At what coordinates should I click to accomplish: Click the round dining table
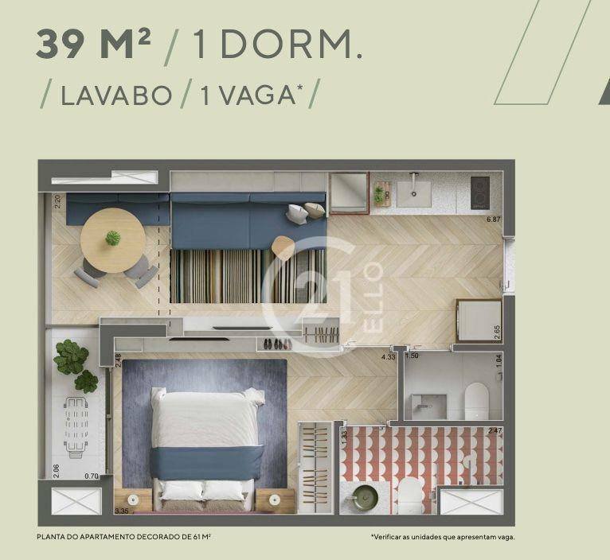click(x=113, y=241)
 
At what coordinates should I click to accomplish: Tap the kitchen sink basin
click(x=414, y=194)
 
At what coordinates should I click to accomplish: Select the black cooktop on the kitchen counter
click(x=480, y=192)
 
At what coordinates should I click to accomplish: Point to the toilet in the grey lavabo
click(x=476, y=401)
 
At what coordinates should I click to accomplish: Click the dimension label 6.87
click(x=493, y=220)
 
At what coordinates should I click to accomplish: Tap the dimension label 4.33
click(x=389, y=356)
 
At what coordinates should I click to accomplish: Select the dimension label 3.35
click(x=122, y=511)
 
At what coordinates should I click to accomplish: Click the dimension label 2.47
click(x=495, y=430)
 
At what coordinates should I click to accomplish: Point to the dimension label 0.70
click(x=92, y=476)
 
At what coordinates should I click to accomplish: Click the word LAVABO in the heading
click(x=116, y=95)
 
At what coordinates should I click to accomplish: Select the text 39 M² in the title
click(x=93, y=44)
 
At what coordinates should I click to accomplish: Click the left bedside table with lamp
click(x=133, y=500)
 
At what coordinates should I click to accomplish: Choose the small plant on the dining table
click(x=113, y=238)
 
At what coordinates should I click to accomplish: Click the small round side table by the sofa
click(x=283, y=248)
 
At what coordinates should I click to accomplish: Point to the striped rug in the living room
click(x=248, y=276)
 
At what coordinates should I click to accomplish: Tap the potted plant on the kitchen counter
click(x=378, y=194)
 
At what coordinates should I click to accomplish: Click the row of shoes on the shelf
click(x=277, y=344)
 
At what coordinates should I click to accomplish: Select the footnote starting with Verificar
click(x=443, y=537)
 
